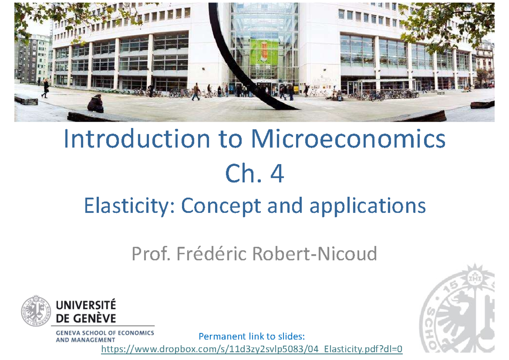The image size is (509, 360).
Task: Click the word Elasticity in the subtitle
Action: pyautogui.click(x=129, y=207)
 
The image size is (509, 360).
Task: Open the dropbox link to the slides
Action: pyautogui.click(x=251, y=349)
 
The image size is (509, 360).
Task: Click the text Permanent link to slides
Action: pyautogui.click(x=252, y=337)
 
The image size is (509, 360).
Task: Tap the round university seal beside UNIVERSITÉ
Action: pyautogui.click(x=36, y=311)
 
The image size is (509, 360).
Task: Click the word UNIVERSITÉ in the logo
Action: pyautogui.click(x=86, y=305)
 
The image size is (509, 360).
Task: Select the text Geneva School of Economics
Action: pyautogui.click(x=105, y=333)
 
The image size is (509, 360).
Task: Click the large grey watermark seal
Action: pyautogui.click(x=458, y=312)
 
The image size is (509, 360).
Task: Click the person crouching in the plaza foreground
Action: pyautogui.click(x=96, y=104)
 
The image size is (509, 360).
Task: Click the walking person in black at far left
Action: pyautogui.click(x=45, y=88)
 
